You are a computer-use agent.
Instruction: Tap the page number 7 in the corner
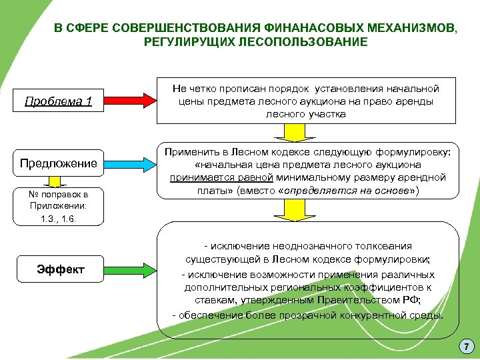coord(466,346)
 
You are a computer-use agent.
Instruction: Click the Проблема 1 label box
coord(59,102)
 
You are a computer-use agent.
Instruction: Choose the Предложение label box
coord(59,163)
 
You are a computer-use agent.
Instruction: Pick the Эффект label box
coord(61,269)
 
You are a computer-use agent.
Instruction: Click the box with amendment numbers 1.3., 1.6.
coord(58,206)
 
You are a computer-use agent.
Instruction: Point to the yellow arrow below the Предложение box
coord(58,181)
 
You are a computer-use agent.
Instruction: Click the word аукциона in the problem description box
coord(317,101)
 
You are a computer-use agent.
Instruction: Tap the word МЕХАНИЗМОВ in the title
coord(409,29)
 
